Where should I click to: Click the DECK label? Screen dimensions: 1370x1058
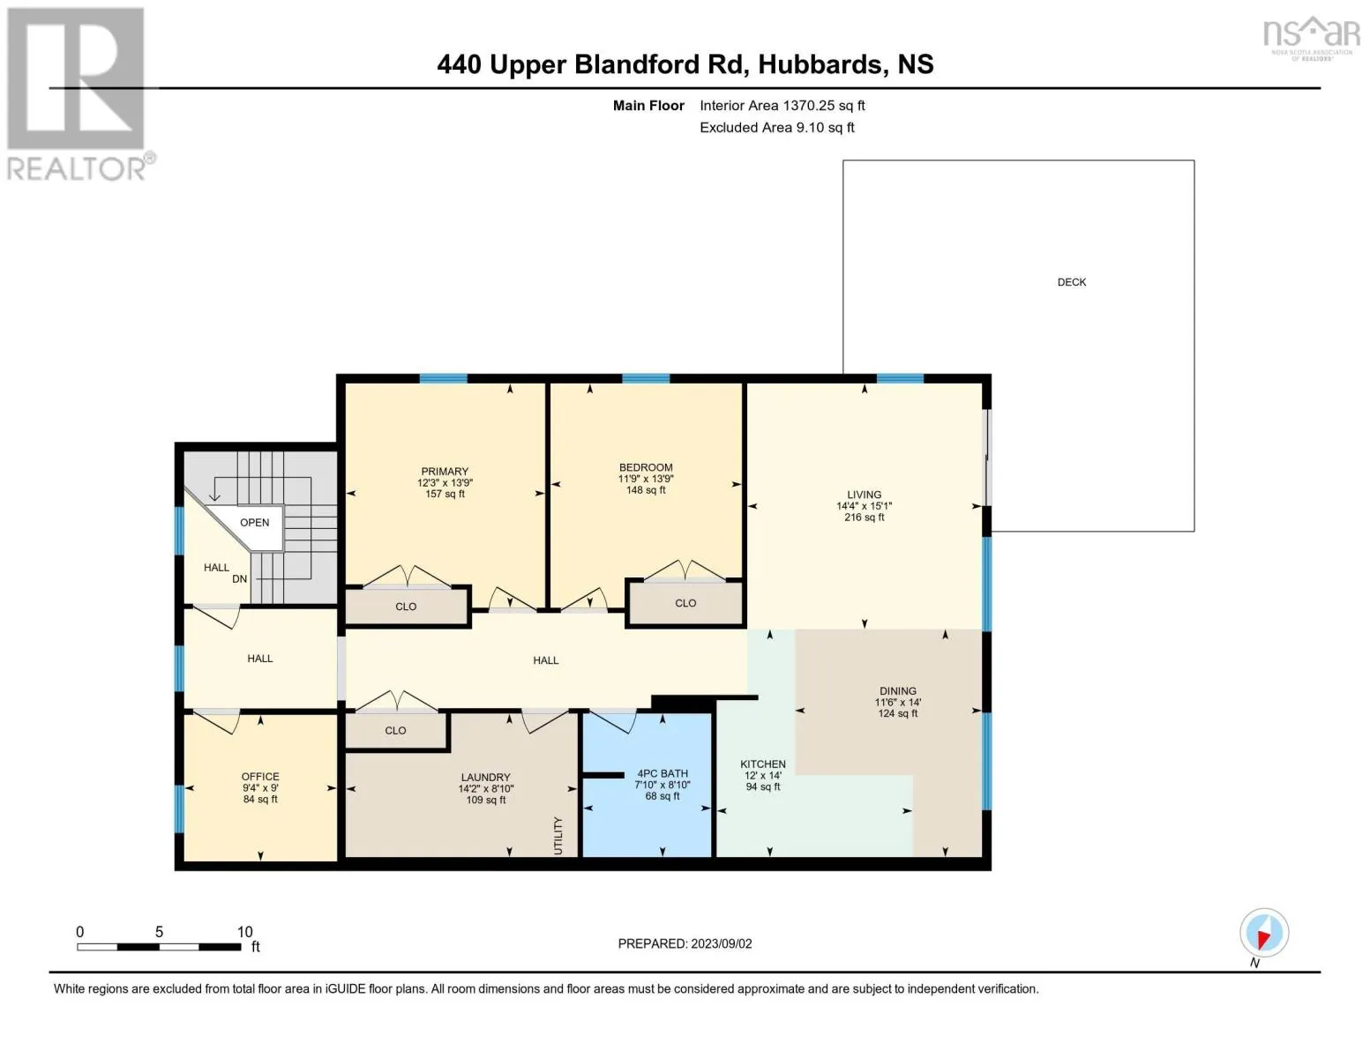1071,282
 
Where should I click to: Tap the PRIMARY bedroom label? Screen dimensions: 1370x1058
445,472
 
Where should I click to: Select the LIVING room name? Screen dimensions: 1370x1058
864,495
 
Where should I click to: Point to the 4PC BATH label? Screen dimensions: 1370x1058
662,773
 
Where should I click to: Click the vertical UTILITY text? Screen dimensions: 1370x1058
558,836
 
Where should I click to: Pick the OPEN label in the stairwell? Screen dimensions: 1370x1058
254,522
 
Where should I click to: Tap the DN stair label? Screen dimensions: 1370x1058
240,579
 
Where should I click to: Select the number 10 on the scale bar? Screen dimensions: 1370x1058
244,932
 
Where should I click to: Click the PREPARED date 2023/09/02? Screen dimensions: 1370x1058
722,944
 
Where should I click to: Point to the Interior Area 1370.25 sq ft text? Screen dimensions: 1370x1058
782,105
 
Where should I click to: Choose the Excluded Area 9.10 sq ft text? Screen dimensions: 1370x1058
776,127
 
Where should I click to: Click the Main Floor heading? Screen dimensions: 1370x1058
648,105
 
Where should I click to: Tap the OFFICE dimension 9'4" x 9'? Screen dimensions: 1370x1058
260,787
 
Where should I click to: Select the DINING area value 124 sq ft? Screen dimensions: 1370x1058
898,713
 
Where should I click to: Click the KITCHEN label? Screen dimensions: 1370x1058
763,764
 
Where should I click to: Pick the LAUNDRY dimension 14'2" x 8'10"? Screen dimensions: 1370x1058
486,788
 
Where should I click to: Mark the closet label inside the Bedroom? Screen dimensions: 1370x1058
685,603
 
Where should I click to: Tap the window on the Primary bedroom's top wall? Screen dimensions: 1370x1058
443,379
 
